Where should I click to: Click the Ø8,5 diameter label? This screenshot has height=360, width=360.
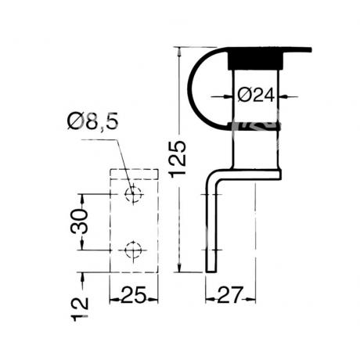pos(93,121)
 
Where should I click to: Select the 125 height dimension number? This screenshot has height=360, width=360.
pos(178,160)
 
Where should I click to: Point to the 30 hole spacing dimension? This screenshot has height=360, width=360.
pos(79,221)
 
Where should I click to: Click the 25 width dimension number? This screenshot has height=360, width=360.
pos(134,295)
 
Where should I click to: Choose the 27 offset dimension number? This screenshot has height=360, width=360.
pos(230,295)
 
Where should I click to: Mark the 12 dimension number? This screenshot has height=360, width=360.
pos(80,309)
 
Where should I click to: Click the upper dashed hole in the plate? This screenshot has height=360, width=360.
pos(133,194)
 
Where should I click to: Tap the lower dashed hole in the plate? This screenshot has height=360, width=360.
pos(133,250)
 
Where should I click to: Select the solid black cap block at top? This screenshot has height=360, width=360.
pos(255,60)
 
